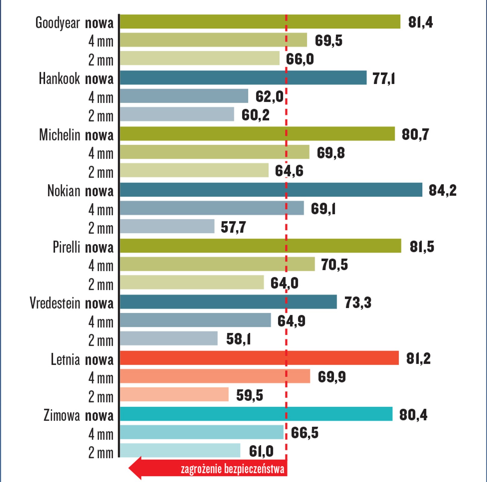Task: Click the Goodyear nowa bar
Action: pos(260,22)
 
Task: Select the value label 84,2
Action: pos(442,190)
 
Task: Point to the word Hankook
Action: pos(59,79)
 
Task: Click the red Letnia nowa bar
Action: pos(259,358)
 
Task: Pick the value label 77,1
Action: pos(383,79)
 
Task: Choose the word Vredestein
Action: pos(55,303)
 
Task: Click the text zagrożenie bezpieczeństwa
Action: pos(232,469)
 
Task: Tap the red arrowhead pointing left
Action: pos(135,468)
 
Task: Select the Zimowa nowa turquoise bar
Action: pos(256,414)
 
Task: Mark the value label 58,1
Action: pos(238,339)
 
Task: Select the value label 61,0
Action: pos(261,451)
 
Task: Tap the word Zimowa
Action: pos(62,415)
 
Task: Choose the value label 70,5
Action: pos(334,265)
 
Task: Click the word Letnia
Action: pos(65,359)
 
